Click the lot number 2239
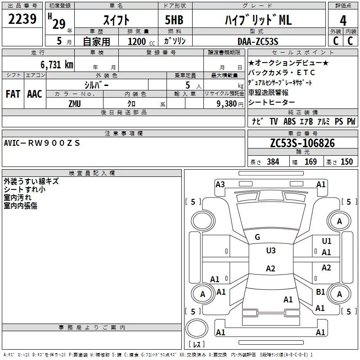point(22,19)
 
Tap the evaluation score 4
point(343,21)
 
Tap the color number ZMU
point(75,103)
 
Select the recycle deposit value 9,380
point(228,103)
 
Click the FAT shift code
point(13,94)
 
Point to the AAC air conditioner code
point(34,94)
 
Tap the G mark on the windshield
point(257,237)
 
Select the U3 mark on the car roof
point(271,251)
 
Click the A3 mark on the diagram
point(220,184)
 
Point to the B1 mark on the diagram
point(320,292)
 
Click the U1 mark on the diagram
point(327,241)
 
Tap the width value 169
point(310,162)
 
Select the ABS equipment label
point(289,121)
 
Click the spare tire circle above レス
point(197,330)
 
